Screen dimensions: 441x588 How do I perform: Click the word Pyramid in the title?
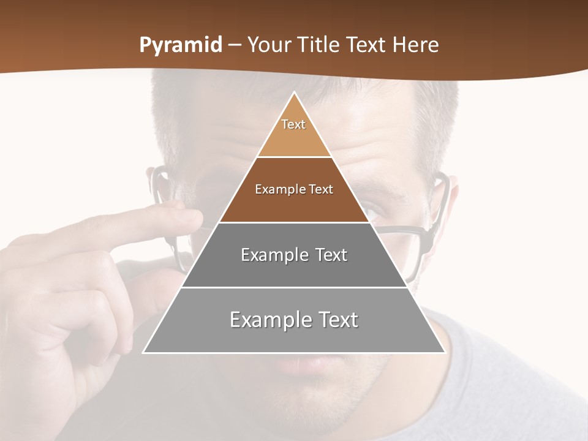[180, 45]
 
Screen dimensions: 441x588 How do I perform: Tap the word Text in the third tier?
[331, 255]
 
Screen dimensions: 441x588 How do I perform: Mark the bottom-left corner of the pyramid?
[144, 352]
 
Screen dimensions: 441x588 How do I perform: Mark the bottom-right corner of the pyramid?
[444, 352]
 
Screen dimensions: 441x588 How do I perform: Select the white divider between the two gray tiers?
[294, 287]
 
